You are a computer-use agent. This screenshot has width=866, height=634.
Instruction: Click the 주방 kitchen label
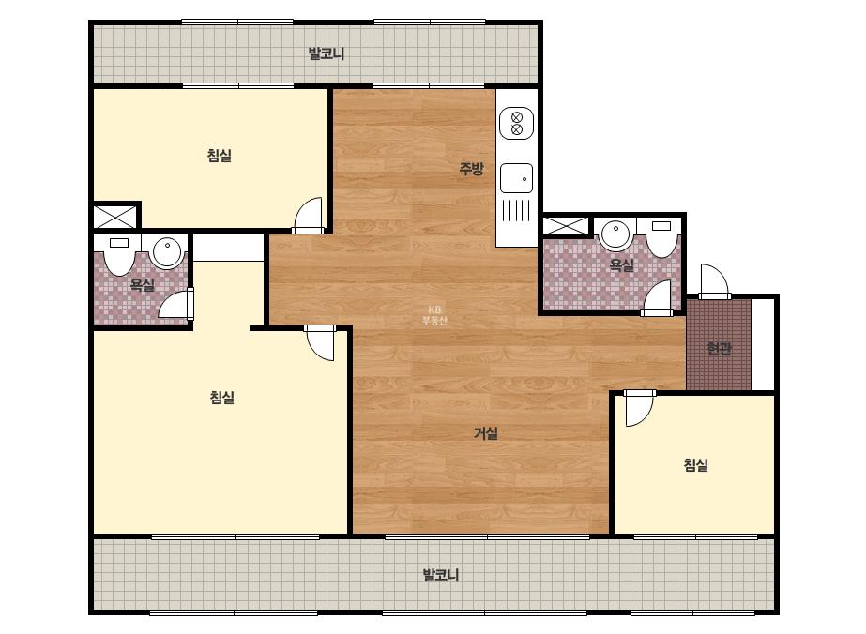[471, 169]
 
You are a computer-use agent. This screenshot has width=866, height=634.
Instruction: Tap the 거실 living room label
[486, 433]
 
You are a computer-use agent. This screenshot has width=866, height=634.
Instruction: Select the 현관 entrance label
[719, 349]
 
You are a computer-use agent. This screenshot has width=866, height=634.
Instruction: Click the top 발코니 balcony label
[326, 53]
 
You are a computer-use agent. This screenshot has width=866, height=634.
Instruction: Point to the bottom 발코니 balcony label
[441, 575]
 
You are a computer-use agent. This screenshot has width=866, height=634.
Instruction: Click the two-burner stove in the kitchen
[516, 123]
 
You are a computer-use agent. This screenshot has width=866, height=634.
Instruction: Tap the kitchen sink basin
[516, 178]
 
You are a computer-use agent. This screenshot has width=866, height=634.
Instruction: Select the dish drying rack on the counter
[516, 210]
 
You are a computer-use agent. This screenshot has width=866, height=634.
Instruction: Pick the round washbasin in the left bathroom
[167, 252]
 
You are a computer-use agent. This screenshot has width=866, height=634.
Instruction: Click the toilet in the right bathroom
[661, 238]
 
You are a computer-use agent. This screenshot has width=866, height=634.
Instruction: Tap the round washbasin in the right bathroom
[615, 234]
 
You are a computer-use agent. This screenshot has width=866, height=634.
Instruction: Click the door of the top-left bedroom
[308, 216]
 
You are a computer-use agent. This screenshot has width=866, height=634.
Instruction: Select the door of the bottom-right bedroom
[638, 408]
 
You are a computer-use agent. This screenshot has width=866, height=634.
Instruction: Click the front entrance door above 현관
[715, 281]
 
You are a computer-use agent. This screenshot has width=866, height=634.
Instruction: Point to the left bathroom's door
[176, 304]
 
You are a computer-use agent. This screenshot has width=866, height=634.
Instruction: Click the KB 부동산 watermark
[434, 315]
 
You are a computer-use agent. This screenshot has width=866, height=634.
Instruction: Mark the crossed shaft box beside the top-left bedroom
[114, 217]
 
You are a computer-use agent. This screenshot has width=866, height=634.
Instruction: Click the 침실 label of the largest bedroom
[222, 397]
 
